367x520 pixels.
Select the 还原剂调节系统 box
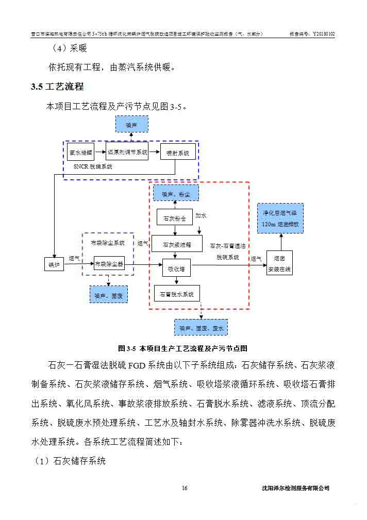point(127,152)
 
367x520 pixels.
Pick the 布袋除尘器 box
point(109,264)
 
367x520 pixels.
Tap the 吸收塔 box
point(177,268)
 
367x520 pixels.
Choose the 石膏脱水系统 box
point(177,294)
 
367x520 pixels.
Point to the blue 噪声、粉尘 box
point(176,194)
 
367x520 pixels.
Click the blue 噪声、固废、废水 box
point(201,327)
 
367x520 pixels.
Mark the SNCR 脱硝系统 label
point(93,167)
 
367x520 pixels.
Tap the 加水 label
point(202,215)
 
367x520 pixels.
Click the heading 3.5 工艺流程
point(57,87)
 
